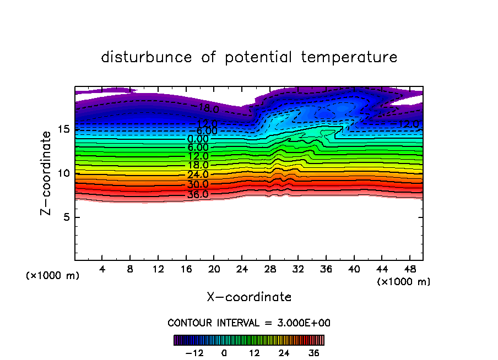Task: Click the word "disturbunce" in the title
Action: click(147, 57)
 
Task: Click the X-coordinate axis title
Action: click(249, 297)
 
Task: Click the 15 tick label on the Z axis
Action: click(63, 129)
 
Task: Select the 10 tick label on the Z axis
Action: click(63, 173)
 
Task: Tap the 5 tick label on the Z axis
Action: click(66, 217)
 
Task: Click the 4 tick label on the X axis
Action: click(102, 270)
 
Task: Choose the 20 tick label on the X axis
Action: click(214, 270)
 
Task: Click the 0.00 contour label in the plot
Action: click(198, 139)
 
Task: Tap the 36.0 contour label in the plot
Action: click(198, 194)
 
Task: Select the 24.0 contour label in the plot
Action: click(198, 175)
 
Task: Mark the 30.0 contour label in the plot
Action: click(198, 184)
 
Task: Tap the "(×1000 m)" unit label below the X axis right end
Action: click(404, 282)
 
